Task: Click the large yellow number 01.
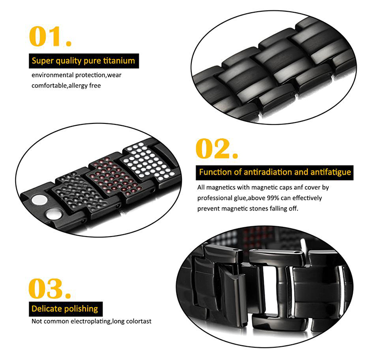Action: click(50, 36)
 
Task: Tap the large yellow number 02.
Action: click(216, 148)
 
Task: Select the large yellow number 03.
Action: click(49, 288)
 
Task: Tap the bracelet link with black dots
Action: click(80, 192)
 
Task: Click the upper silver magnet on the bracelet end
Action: click(39, 200)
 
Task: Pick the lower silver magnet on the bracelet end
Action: click(53, 215)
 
